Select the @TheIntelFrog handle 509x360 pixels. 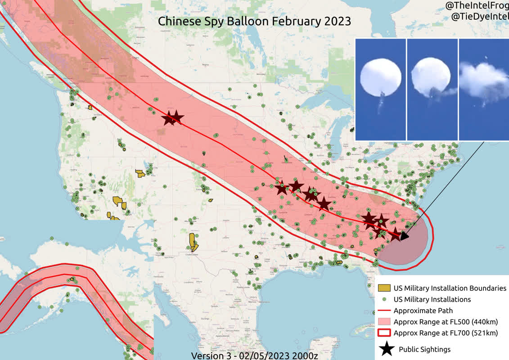point(477,6)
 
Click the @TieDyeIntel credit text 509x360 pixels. point(480,17)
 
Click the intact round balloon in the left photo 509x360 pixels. point(378,79)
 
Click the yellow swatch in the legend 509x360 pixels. point(383,288)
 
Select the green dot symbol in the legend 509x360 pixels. point(383,299)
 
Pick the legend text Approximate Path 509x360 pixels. point(423,310)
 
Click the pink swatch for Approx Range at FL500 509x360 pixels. point(383,322)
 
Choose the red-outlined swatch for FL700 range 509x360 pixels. point(383,333)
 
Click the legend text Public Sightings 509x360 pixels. point(424,349)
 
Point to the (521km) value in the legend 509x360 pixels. point(484,333)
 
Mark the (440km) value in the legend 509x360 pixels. point(484,322)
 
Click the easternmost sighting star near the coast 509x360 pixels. point(395,234)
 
